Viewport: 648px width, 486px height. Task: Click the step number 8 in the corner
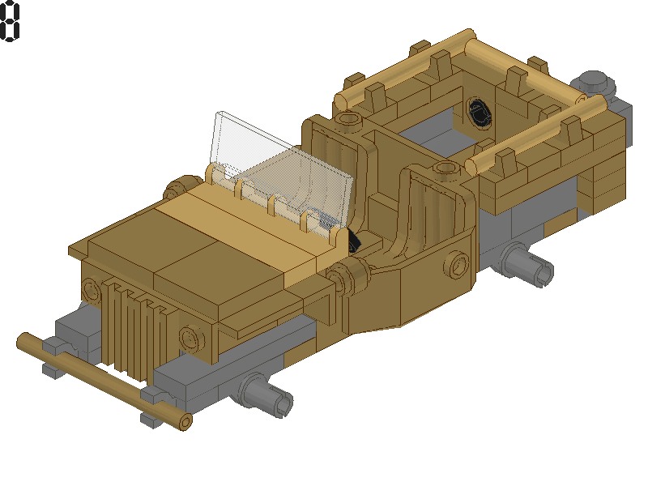[11, 21]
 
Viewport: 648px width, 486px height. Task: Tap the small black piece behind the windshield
[354, 242]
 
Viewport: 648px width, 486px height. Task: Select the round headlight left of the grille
[88, 290]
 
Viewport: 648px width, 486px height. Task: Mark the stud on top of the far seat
[348, 121]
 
